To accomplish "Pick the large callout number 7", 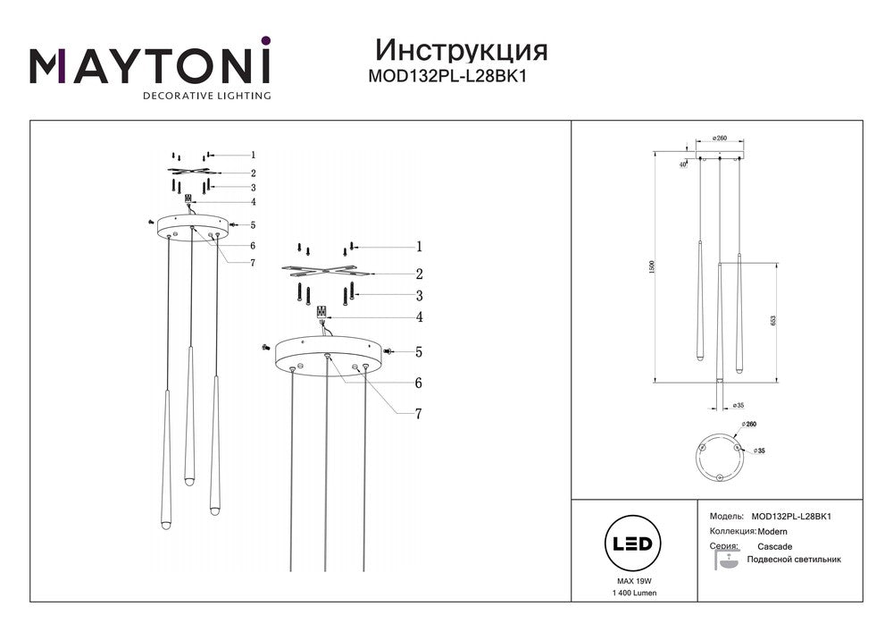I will [417, 414].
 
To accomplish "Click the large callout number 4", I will [417, 316].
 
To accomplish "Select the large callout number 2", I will [417, 274].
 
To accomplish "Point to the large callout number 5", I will [417, 352].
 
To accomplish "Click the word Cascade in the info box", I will [774, 546].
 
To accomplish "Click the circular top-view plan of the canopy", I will [721, 454].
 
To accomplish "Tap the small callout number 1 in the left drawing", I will [253, 155].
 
